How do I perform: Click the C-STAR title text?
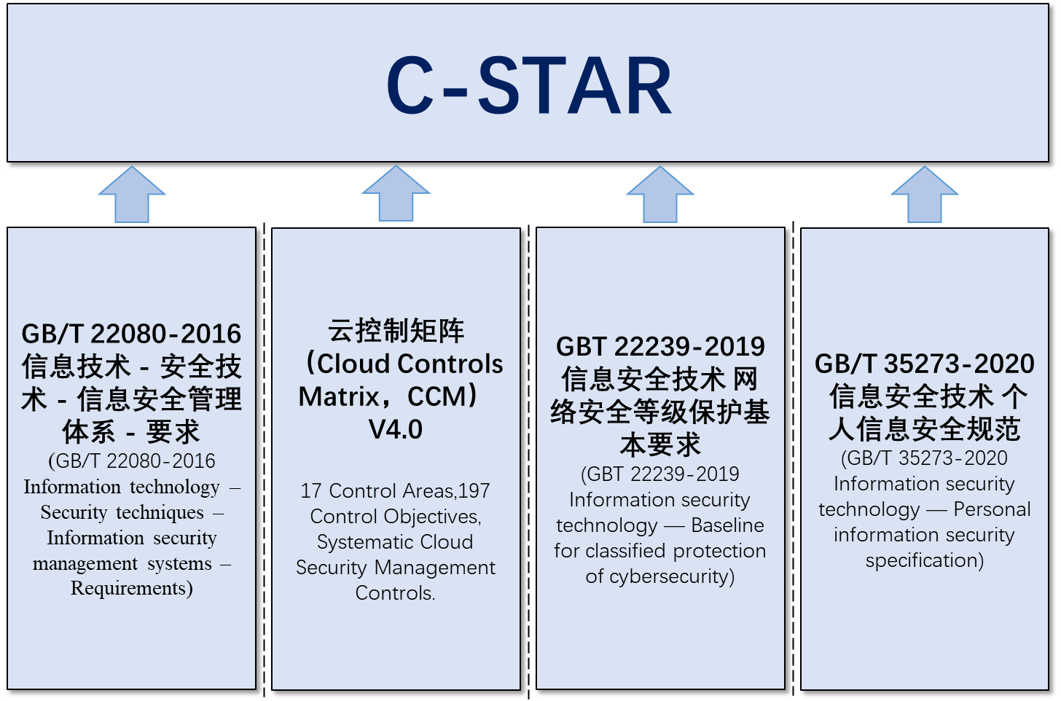point(529,86)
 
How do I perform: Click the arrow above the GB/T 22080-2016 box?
point(132,194)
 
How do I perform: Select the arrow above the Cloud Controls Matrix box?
point(396,193)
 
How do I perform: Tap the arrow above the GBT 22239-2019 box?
point(660,194)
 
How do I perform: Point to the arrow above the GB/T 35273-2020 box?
point(925,194)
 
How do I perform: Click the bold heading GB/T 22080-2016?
point(131,334)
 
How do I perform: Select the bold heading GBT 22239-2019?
point(660,347)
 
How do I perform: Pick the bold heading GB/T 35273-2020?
point(925,364)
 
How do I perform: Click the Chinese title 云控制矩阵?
point(396,331)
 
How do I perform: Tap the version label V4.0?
point(396,430)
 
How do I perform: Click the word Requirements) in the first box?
point(132,589)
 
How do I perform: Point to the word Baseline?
point(727,525)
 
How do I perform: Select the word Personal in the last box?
point(993,509)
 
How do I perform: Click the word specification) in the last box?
point(925,561)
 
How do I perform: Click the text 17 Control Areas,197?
point(395,491)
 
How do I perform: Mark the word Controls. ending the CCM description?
point(395,593)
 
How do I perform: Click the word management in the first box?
point(85,564)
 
